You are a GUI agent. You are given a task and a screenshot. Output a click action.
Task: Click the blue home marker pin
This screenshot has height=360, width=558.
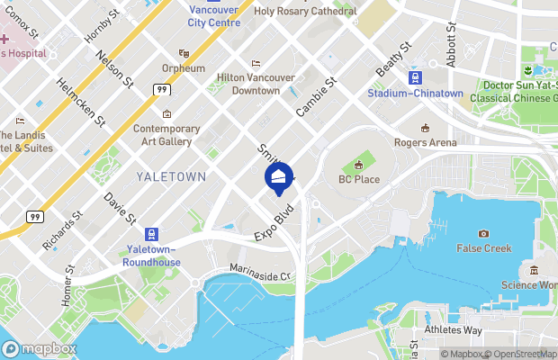point(278,176)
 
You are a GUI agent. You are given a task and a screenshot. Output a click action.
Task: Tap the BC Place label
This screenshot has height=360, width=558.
point(359,179)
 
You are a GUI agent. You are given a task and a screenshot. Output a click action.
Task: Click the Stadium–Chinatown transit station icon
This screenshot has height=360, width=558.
point(415,77)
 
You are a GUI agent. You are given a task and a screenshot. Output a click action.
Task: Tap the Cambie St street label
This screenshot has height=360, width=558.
point(316,96)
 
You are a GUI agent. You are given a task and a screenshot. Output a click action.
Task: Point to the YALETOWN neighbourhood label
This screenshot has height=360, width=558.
point(171,176)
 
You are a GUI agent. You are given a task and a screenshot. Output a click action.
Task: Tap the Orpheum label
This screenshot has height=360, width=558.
point(176,68)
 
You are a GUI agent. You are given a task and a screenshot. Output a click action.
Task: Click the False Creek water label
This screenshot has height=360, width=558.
point(483,247)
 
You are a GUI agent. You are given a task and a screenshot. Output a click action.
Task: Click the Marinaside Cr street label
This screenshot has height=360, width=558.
point(261,277)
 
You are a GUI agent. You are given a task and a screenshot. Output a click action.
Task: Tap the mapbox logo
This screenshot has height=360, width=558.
point(40,348)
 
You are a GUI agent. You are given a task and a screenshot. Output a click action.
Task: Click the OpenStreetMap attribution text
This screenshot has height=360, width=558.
point(518,354)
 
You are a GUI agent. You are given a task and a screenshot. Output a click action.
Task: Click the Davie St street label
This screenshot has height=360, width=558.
point(120,208)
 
